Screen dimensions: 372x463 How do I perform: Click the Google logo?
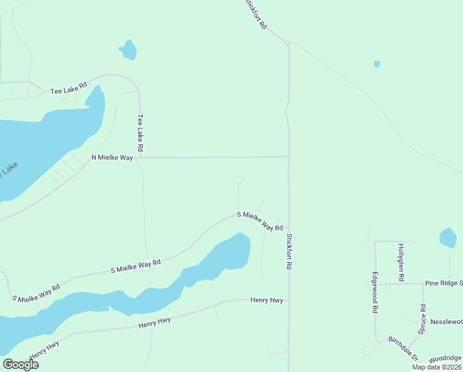click(20, 365)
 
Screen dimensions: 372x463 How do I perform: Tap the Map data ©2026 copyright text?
click(436, 367)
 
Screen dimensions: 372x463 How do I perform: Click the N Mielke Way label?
click(112, 158)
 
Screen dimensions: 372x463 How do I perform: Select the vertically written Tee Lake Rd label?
click(141, 133)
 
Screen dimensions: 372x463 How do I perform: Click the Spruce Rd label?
click(423, 319)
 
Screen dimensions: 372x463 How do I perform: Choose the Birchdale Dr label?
click(404, 350)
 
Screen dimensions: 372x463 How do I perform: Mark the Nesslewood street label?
click(446, 322)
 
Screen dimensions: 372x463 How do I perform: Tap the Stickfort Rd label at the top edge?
click(255, 14)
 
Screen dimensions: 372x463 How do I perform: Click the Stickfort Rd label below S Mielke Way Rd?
click(288, 250)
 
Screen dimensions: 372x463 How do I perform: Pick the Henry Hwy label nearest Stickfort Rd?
click(267, 300)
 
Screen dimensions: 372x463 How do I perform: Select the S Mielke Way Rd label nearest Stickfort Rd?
click(260, 221)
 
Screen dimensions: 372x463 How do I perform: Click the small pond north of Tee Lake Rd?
click(128, 50)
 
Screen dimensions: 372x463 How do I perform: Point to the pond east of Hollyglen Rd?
click(448, 238)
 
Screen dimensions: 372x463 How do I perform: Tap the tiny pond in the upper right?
click(377, 64)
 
